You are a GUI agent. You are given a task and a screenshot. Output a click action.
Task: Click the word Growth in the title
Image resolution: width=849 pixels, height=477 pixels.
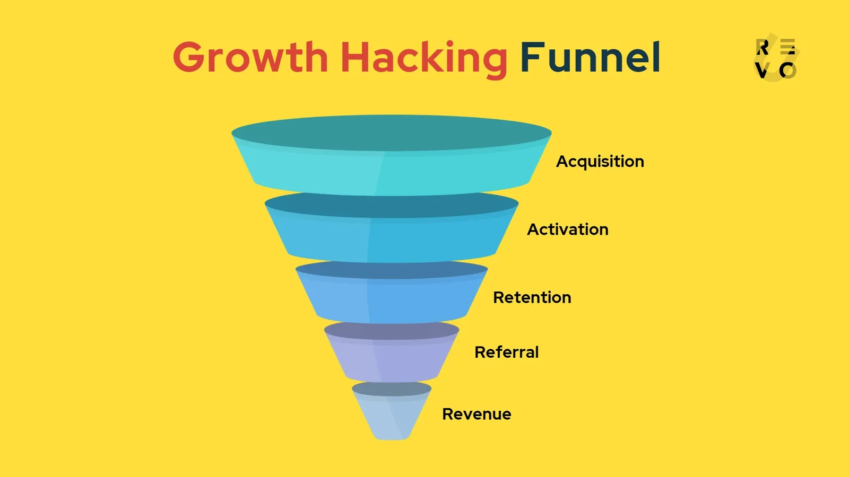click(250, 58)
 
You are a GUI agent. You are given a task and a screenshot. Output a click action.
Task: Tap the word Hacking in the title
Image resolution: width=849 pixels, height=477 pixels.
click(423, 58)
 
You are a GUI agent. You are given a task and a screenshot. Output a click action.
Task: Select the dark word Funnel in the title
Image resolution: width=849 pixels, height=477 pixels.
click(590, 58)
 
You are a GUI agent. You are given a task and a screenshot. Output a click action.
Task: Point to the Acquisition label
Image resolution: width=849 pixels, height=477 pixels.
click(600, 162)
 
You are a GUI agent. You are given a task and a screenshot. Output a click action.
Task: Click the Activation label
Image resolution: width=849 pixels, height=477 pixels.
click(567, 229)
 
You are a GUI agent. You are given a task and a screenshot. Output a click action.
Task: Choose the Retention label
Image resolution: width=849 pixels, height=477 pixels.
click(532, 297)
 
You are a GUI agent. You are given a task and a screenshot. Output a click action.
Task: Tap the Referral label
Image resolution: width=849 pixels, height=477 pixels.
click(506, 352)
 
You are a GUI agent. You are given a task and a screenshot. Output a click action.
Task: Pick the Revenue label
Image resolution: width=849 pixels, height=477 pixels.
click(477, 414)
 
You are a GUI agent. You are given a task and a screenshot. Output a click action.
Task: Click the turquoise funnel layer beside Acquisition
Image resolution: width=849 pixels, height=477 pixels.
click(391, 172)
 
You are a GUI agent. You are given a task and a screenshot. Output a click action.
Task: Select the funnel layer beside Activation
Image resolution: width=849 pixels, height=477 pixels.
click(391, 238)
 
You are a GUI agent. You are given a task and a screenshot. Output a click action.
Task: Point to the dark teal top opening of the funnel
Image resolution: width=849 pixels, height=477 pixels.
click(391, 132)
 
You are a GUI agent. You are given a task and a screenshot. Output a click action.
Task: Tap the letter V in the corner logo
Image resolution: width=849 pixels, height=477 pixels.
click(762, 70)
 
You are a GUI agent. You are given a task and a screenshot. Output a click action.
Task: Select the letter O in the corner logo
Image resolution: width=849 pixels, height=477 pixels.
click(787, 70)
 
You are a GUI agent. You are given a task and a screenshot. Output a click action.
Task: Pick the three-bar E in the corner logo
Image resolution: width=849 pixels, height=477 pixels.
click(788, 47)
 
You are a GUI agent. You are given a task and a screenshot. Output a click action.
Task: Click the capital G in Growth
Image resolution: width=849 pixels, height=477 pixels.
click(192, 58)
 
